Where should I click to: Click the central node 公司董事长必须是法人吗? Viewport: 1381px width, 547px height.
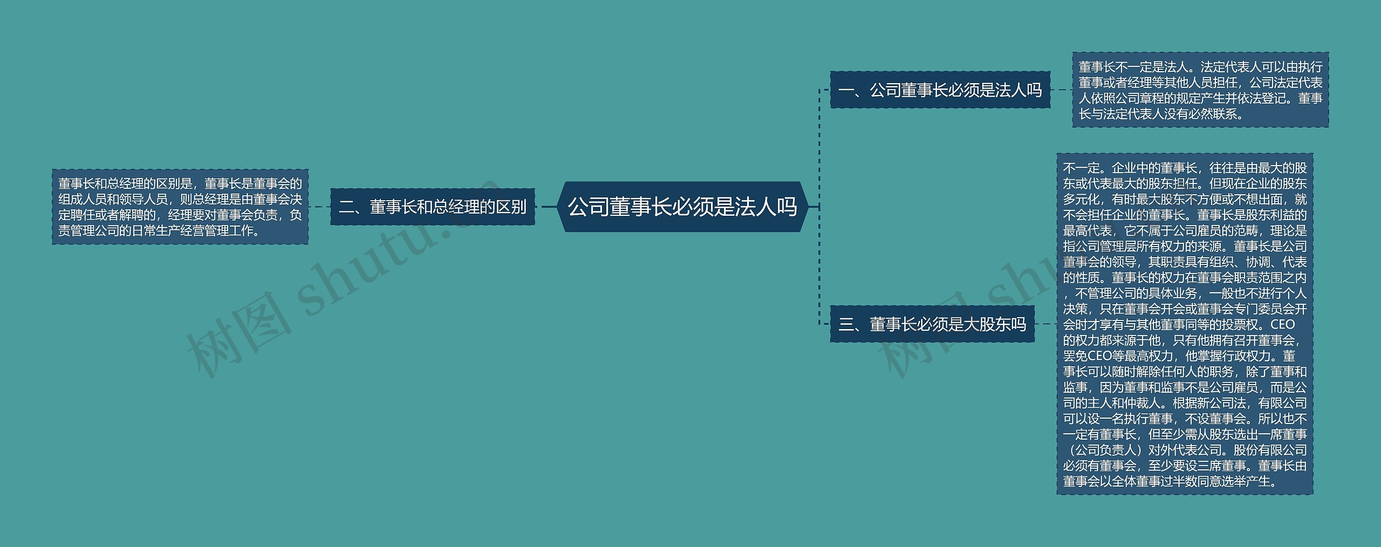click(682, 207)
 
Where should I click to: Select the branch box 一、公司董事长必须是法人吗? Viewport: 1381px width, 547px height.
click(940, 90)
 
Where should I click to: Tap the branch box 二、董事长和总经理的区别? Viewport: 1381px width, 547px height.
click(432, 207)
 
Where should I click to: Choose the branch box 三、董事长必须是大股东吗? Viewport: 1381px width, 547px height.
click(932, 324)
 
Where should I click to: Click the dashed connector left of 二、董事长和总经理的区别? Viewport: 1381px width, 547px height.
click(319, 207)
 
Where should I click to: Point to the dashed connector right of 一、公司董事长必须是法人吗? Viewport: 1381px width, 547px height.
click(1061, 90)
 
